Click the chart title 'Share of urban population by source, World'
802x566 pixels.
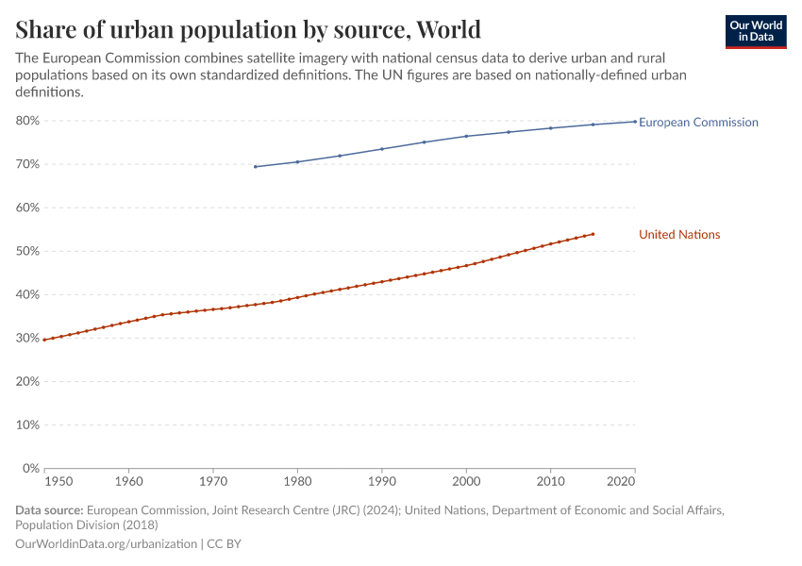247,28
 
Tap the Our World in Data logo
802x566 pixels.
756,31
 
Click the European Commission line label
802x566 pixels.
698,123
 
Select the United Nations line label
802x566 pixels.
679,235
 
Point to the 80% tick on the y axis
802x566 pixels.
26,121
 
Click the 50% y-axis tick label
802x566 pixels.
26,251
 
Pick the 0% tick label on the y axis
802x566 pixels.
30,468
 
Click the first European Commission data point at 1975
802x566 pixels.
255,167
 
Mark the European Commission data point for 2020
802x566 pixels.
634,121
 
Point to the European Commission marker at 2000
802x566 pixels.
466,136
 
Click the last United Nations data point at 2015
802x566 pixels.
593,234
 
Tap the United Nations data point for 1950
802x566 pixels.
44,340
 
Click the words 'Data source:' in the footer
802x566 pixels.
49,510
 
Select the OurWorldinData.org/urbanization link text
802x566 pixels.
106,544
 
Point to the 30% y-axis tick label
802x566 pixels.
26,338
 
